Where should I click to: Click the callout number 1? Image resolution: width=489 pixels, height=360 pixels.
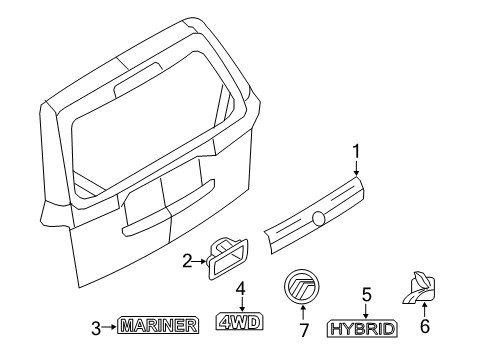357,152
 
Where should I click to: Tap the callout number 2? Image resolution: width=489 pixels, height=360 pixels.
187,261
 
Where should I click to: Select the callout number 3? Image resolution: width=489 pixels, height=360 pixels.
96,328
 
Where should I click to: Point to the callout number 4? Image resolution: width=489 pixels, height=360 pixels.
241,289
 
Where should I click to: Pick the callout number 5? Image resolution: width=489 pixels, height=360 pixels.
366,295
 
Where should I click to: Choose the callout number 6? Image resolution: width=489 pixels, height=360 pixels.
424,326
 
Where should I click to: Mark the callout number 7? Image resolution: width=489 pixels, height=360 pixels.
304,330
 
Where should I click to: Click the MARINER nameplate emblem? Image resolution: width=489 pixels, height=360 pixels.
158,325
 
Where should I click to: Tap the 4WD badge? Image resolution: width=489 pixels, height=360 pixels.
239,322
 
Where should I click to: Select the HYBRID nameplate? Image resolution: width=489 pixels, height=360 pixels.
362,329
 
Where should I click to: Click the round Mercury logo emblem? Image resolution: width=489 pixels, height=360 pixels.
302,287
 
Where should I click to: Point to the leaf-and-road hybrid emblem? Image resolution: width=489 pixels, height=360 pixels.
419,287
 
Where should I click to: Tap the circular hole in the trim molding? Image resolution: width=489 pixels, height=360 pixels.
319,218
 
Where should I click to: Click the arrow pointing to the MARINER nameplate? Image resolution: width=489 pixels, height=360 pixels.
109,327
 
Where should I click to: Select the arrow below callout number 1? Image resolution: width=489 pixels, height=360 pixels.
356,168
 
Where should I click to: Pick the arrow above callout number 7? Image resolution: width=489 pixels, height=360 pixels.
303,313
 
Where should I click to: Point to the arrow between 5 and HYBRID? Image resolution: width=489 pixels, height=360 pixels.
366,311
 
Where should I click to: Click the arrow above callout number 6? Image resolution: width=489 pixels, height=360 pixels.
424,310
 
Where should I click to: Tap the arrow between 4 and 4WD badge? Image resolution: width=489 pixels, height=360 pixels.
242,304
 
